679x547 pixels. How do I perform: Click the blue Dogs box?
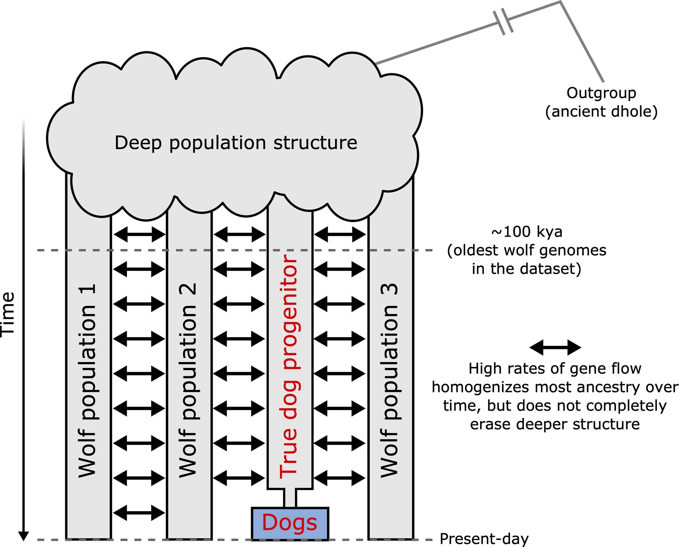[290, 523]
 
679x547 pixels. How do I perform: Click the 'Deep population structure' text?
[236, 143]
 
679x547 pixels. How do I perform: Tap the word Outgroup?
[601, 93]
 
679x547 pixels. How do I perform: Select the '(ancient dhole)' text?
[601, 112]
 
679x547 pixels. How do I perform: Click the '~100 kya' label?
[527, 232]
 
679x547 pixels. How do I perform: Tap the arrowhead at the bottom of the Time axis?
[23, 535]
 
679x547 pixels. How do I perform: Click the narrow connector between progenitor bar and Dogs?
[290, 498]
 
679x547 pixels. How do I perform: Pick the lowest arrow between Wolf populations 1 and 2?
[139, 513]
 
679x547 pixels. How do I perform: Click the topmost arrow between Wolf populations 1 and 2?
[139, 234]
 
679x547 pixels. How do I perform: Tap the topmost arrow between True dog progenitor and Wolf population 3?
[339, 234]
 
